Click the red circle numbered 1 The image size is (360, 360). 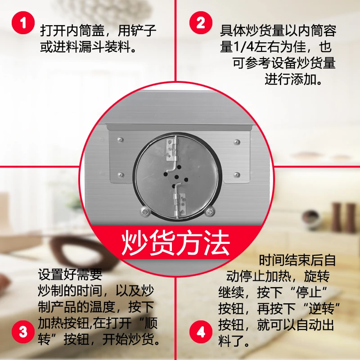click(23, 23)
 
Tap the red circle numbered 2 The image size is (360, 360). click(201, 23)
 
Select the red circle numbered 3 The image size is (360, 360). click(23, 332)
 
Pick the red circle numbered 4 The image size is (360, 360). click(201, 332)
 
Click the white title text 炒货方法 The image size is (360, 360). click(175, 243)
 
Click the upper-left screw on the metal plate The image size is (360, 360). click(121, 140)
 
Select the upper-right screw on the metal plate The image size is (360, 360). click(237, 142)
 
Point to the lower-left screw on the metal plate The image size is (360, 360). click(121, 175)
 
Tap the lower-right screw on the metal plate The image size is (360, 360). click(237, 175)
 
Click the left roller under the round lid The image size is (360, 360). click(144, 211)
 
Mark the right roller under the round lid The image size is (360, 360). click(209, 211)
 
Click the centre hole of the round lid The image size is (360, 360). click(176, 177)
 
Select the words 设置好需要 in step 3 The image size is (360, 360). click(70, 274)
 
